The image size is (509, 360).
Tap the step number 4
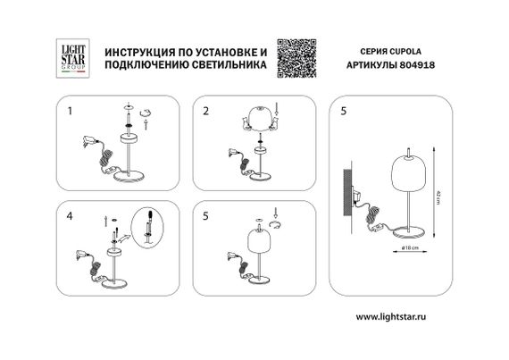(x=70, y=216)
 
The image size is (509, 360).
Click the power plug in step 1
(x=88, y=139)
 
